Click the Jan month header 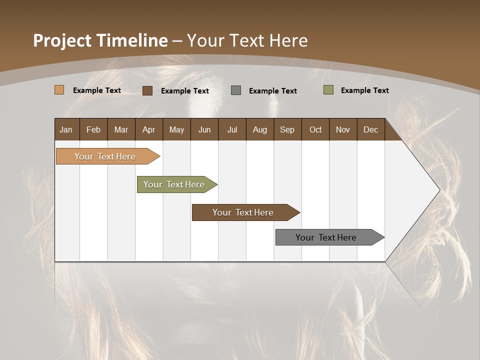(x=66, y=129)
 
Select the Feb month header (x=93, y=129)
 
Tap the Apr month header (x=148, y=129)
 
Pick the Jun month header (x=204, y=129)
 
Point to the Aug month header (x=259, y=129)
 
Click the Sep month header (x=287, y=129)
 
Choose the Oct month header (x=315, y=129)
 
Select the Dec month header (x=370, y=129)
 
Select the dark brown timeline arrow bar (x=243, y=212)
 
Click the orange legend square (x=59, y=90)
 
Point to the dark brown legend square (x=147, y=90)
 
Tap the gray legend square (x=236, y=90)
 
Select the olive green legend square (x=328, y=90)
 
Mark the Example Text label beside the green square (x=364, y=90)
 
